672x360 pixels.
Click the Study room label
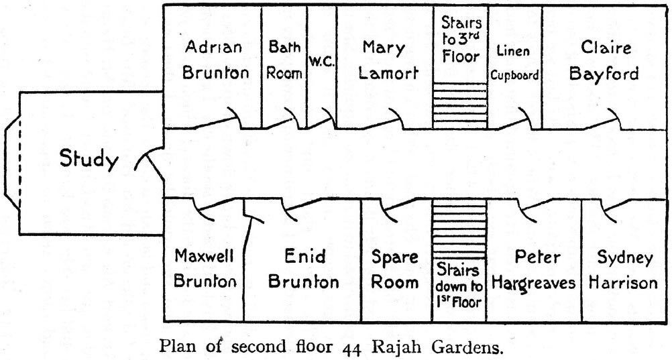tap(89, 160)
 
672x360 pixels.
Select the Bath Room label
tap(284, 60)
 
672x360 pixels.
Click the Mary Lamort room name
tap(384, 60)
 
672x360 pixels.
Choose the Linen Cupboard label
tap(514, 62)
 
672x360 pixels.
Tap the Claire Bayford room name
tap(604, 60)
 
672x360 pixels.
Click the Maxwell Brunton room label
tap(204, 269)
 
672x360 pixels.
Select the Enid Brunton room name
tap(303, 269)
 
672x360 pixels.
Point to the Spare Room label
tap(394, 269)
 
